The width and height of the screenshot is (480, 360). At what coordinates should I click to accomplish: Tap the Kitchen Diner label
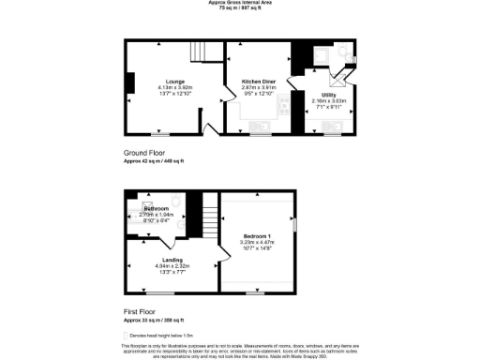(x=258, y=82)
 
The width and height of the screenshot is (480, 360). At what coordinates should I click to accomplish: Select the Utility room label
(x=328, y=96)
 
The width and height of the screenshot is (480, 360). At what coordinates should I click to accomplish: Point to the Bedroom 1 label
(x=257, y=234)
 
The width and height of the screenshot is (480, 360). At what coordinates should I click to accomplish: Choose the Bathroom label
(x=157, y=208)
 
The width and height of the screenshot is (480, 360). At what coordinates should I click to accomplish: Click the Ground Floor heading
(x=144, y=152)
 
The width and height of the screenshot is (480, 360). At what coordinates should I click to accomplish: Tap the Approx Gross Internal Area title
(x=240, y=3)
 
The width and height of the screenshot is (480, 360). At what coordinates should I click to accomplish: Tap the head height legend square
(x=126, y=335)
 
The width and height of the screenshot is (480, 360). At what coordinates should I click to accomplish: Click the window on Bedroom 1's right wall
(x=295, y=226)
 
